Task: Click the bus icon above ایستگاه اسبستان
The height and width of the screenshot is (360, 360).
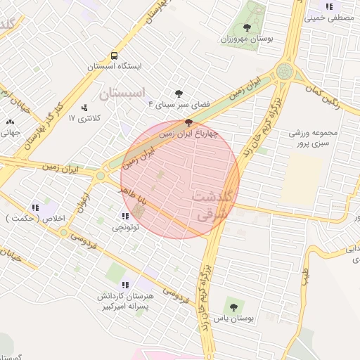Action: point(114,56)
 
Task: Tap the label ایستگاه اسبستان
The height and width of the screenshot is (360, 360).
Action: point(115,66)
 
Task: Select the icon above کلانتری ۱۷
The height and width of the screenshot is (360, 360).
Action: point(85,108)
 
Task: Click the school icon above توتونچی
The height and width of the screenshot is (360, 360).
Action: point(125,216)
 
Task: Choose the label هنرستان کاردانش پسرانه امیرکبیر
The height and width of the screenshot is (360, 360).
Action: point(124,302)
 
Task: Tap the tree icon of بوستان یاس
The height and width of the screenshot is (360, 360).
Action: point(233,307)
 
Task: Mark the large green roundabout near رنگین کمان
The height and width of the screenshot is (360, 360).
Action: point(285,71)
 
